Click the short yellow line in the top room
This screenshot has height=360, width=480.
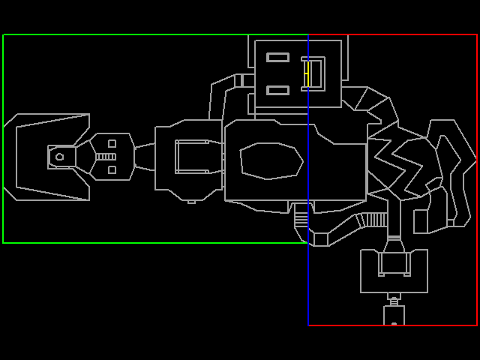tap(306, 73)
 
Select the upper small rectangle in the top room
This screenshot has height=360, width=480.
tap(277, 57)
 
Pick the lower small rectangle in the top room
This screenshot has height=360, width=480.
tap(277, 90)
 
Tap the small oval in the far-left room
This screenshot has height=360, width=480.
tap(59, 157)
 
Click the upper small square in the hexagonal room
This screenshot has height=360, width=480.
tap(112, 143)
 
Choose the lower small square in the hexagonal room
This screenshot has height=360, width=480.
tap(112, 169)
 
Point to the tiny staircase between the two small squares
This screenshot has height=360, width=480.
tap(106, 157)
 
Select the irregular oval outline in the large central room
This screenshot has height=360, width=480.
tap(271, 160)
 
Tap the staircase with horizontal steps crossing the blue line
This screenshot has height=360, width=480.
tap(301, 216)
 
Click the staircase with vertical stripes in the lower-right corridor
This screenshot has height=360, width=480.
tap(373, 220)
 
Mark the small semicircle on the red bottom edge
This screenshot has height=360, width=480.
tap(394, 324)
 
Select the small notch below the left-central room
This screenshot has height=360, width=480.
tap(191, 201)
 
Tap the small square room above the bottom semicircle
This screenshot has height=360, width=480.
tap(394, 314)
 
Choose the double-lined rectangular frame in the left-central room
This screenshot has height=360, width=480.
tap(193, 156)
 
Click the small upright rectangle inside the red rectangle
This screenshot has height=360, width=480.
tap(421, 221)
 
